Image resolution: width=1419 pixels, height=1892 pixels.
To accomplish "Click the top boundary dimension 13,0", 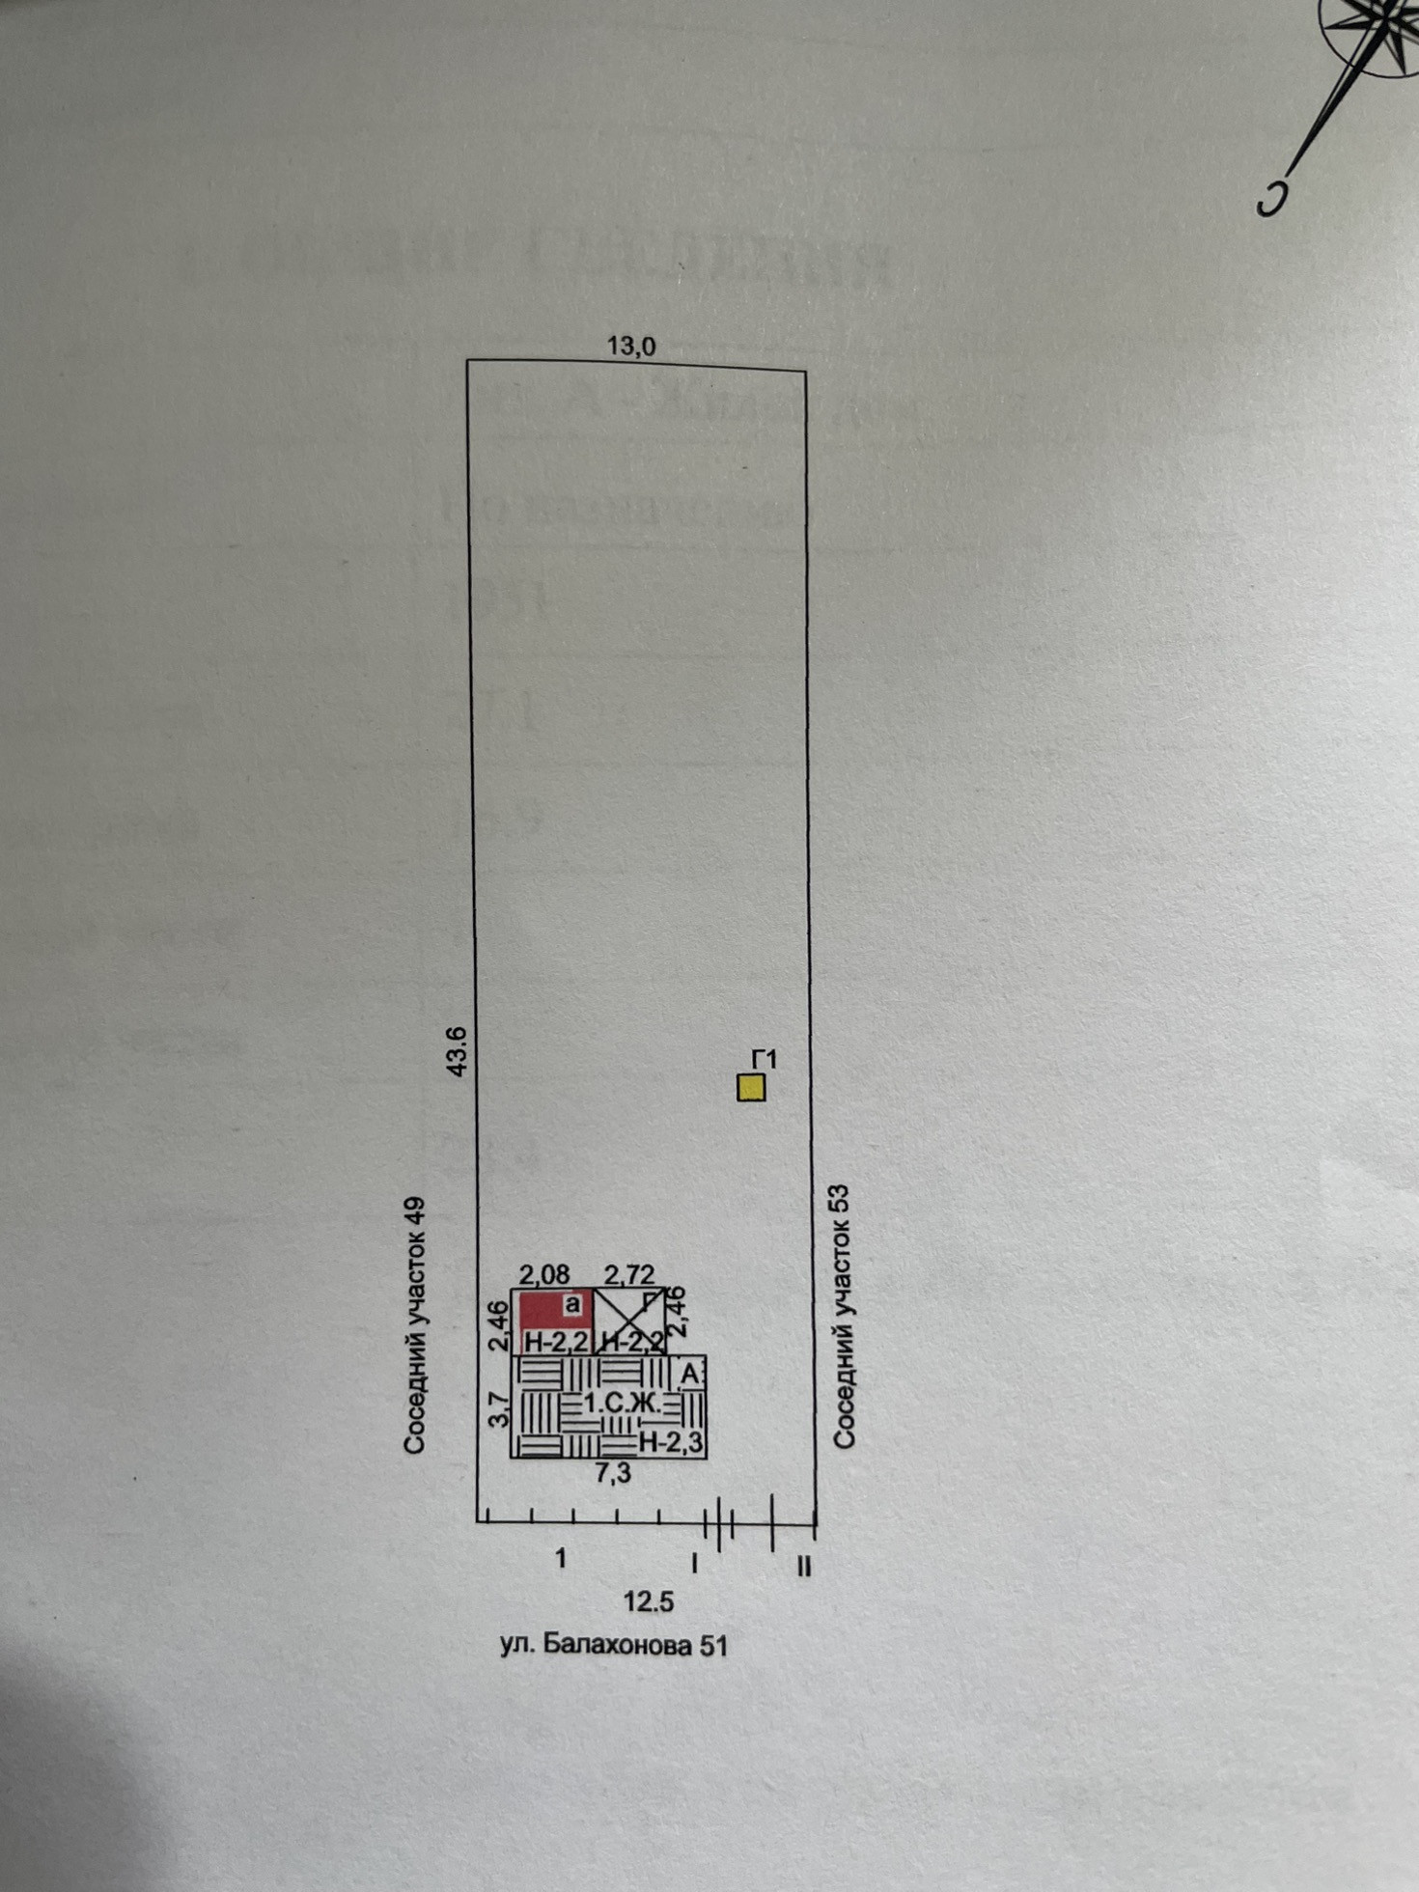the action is (630, 346).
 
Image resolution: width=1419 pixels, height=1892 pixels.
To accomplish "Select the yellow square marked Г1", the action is (751, 1088).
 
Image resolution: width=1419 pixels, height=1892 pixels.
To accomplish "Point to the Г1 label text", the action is (764, 1059).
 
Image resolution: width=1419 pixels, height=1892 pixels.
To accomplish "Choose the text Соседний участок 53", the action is (844, 1317).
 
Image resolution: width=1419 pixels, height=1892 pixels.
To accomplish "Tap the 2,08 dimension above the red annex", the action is (544, 1275).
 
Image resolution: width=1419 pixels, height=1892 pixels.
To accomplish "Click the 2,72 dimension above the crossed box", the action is (628, 1275).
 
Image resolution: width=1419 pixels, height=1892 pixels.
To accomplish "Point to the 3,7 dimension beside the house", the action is (498, 1409).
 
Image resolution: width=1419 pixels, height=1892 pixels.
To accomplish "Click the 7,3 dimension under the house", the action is (613, 1473).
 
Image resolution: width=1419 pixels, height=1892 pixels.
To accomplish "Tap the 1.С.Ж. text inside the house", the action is (622, 1405).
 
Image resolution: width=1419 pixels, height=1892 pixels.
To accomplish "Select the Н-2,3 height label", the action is (672, 1443).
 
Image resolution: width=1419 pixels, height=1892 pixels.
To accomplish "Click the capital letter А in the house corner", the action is (690, 1374).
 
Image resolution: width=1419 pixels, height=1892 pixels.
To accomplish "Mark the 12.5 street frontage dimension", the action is (648, 1602).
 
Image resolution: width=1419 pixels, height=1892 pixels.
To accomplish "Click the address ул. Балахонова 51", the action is (613, 1645).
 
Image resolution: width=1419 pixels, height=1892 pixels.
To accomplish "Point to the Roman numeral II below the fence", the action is (804, 1565).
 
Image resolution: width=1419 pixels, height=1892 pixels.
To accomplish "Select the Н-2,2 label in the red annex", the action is (557, 1342).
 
